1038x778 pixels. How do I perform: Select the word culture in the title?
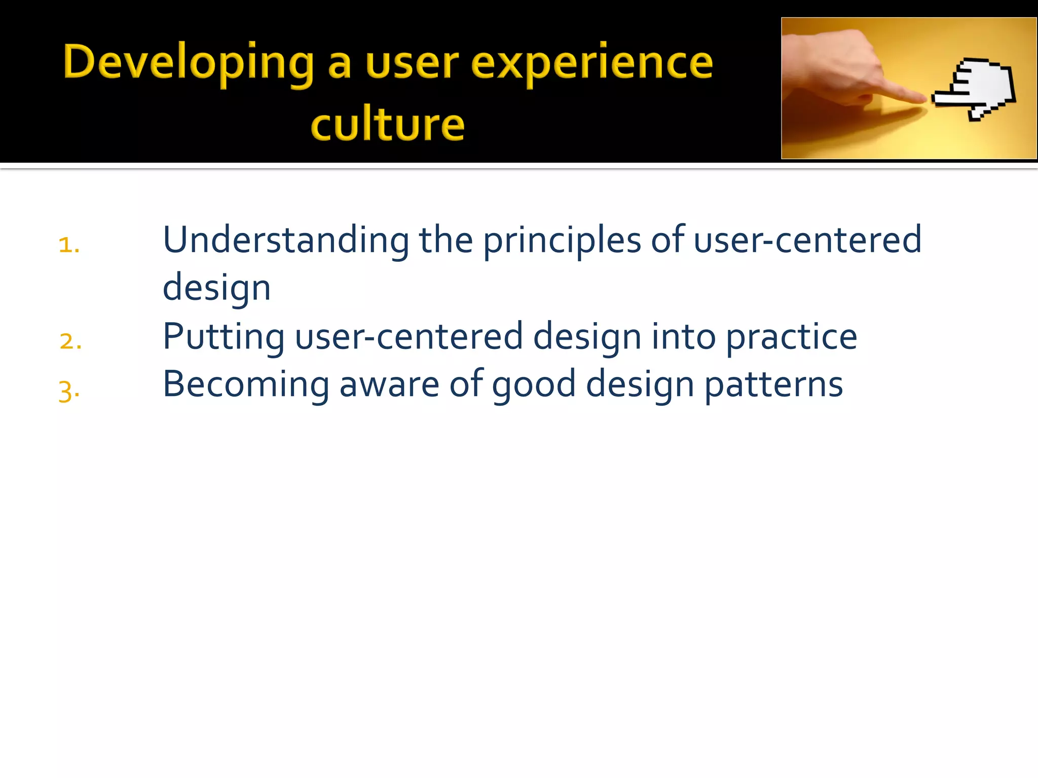tap(387, 125)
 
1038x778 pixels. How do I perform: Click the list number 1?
tap(68, 245)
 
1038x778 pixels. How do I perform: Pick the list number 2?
tap(70, 341)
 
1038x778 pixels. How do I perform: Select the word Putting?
tap(224, 337)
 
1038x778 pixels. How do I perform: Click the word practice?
tap(791, 337)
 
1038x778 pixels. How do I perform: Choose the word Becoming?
tap(246, 385)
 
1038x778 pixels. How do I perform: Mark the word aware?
tap(389, 385)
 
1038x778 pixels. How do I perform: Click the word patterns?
tap(773, 385)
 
